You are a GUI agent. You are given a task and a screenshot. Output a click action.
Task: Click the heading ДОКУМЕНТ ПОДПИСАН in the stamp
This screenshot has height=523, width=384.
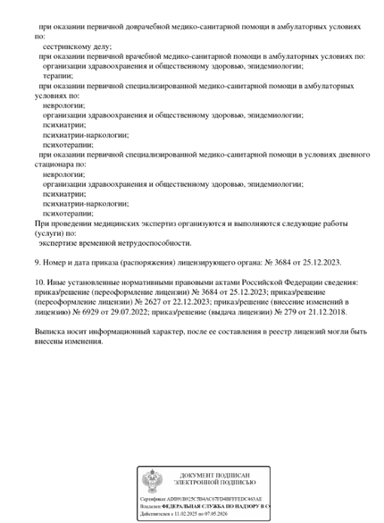click(214, 474)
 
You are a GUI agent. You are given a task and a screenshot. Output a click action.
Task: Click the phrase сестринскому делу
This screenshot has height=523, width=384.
click(77, 45)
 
